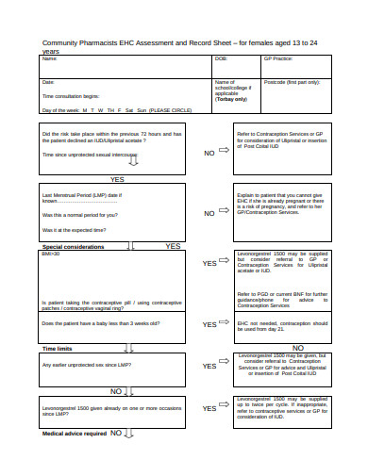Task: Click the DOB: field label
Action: click(x=222, y=58)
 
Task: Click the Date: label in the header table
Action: click(x=47, y=82)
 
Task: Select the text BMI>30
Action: click(x=50, y=254)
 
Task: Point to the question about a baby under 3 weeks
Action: click(x=100, y=323)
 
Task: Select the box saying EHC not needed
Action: click(x=281, y=325)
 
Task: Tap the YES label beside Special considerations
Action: click(x=173, y=246)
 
